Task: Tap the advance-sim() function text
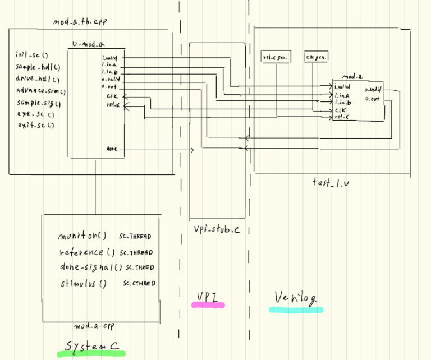tap(41, 90)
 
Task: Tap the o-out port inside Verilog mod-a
tap(372, 99)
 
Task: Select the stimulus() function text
tap(82, 283)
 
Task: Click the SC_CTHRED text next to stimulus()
tap(139, 284)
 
